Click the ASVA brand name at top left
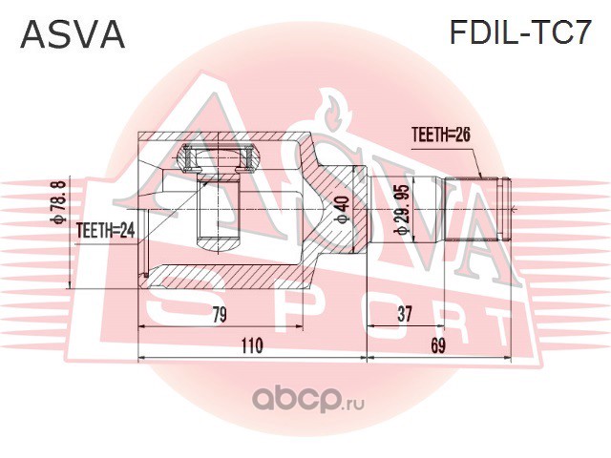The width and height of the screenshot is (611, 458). point(73,34)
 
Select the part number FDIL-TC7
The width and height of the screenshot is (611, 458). point(521,32)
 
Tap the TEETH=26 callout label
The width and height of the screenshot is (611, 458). point(441,135)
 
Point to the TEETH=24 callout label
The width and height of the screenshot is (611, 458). point(106,231)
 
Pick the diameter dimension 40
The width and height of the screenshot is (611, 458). point(344,210)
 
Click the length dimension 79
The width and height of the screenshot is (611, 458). point(220,315)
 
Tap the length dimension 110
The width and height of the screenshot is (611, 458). point(252,345)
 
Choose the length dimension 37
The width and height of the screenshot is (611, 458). point(404,314)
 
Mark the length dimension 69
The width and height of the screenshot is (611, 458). point(437,345)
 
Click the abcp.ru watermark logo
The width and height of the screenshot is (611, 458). point(308,401)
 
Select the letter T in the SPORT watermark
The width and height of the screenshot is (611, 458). point(489,328)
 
